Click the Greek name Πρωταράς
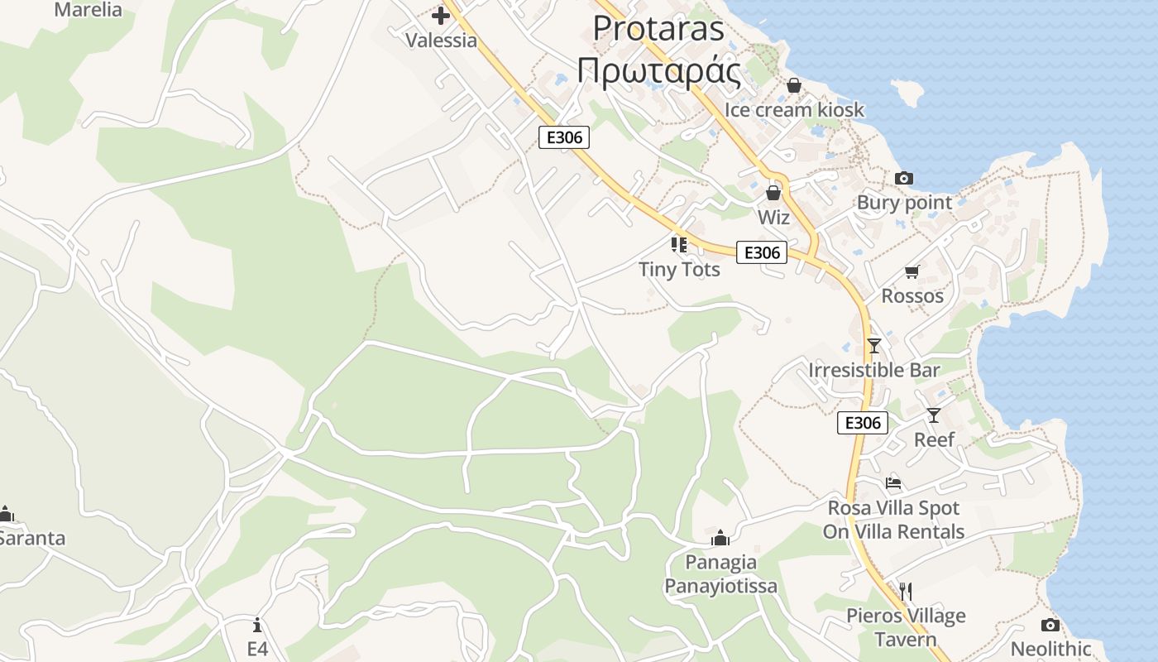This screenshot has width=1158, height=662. pos(658,71)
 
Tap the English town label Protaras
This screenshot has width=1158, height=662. pos(658,28)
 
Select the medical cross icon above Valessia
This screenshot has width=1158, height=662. pos(441,15)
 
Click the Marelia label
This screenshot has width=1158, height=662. pos(88,10)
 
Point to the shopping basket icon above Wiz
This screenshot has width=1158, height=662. pos(773,193)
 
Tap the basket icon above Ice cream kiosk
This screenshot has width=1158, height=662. pos(794,84)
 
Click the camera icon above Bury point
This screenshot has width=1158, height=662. pos(904,178)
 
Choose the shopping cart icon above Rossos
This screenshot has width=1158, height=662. pos(912,271)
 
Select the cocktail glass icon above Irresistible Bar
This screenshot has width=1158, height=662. pos(874,345)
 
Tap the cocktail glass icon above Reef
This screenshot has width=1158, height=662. pos(934,415)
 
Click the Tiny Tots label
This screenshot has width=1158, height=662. pos(679,269)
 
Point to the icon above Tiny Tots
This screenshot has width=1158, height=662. pos(679,244)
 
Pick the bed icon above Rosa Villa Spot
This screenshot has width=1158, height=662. pos(893,482)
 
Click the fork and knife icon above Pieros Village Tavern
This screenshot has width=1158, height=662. pos(905,591)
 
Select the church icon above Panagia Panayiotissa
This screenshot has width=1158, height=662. pos(720,538)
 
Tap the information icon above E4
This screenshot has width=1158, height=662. pos(258,624)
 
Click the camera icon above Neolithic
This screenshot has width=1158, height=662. pos(1050,625)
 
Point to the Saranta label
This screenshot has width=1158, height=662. pos(31,538)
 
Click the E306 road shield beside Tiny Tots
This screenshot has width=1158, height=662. pos(761,252)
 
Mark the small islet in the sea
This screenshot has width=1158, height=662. pos(908,93)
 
